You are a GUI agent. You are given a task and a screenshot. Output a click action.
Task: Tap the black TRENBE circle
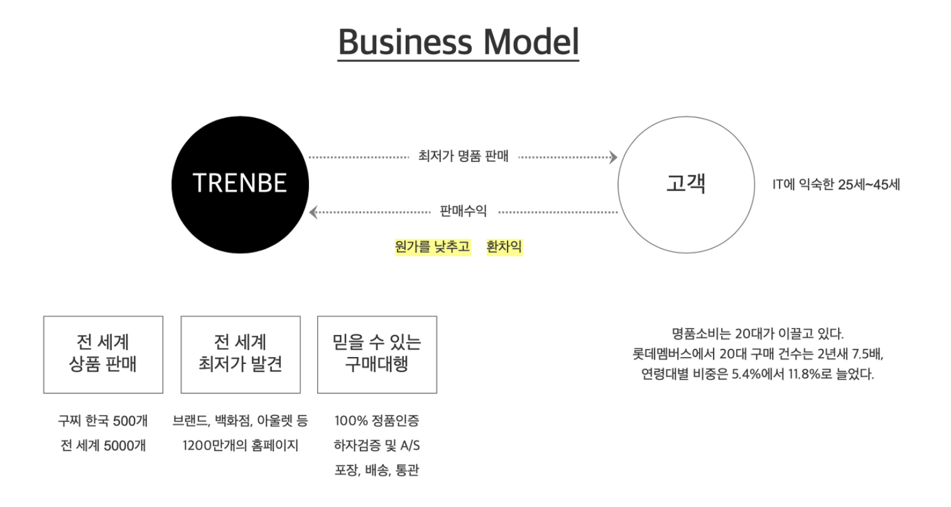coord(240,184)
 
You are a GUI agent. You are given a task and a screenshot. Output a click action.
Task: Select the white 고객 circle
coord(686,184)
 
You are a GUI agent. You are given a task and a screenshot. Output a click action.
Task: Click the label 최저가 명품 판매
coord(463,156)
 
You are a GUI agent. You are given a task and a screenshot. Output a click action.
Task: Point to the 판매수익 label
coord(463,211)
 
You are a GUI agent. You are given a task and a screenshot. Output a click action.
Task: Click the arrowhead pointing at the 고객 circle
coord(614,157)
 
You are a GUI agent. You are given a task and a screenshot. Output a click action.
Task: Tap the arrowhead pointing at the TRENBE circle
coord(313,212)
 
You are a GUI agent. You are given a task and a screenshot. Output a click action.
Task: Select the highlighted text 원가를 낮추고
coord(432,247)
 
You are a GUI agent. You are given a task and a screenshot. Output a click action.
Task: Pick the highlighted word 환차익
coord(504,247)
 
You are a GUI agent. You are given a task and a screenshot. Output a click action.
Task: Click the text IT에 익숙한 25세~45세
coord(836,184)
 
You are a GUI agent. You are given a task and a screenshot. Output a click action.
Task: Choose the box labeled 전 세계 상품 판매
coord(103,355)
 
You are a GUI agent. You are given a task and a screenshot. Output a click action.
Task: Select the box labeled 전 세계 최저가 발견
coord(241,355)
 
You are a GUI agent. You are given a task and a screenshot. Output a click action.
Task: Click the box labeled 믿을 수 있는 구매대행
coord(377,355)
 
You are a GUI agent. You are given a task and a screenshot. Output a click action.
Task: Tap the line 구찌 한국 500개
coord(103,420)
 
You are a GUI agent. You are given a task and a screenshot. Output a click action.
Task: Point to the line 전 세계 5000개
coord(103,446)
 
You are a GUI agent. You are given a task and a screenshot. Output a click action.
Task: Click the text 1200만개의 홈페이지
coord(241,446)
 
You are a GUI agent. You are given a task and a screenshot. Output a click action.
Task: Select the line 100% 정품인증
coord(377,420)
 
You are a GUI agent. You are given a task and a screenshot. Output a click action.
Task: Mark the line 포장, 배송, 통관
coord(377,470)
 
